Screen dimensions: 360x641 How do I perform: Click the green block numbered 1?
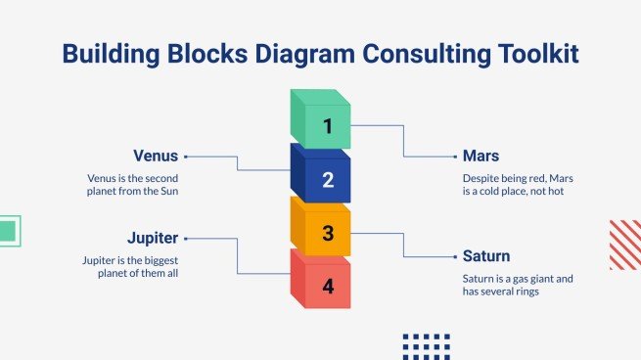point(322,121)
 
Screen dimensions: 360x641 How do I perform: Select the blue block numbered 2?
point(322,176)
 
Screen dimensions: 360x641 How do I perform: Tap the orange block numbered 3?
point(322,231)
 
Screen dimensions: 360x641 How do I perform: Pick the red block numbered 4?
point(322,284)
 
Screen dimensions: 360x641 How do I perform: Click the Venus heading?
point(156,156)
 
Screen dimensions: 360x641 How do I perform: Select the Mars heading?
point(481,156)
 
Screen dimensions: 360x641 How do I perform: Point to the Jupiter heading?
point(153,237)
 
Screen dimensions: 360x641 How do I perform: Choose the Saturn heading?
point(486,256)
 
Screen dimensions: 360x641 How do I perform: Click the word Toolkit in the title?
point(529,54)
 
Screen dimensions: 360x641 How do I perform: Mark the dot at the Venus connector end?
point(185,156)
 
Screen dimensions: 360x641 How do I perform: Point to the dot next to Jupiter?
point(185,237)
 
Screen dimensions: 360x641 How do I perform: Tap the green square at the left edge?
point(8,231)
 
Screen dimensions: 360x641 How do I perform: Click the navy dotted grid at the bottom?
point(426,345)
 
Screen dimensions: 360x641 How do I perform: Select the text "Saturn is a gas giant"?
point(518,278)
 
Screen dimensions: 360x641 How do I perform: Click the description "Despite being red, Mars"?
point(516,178)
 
